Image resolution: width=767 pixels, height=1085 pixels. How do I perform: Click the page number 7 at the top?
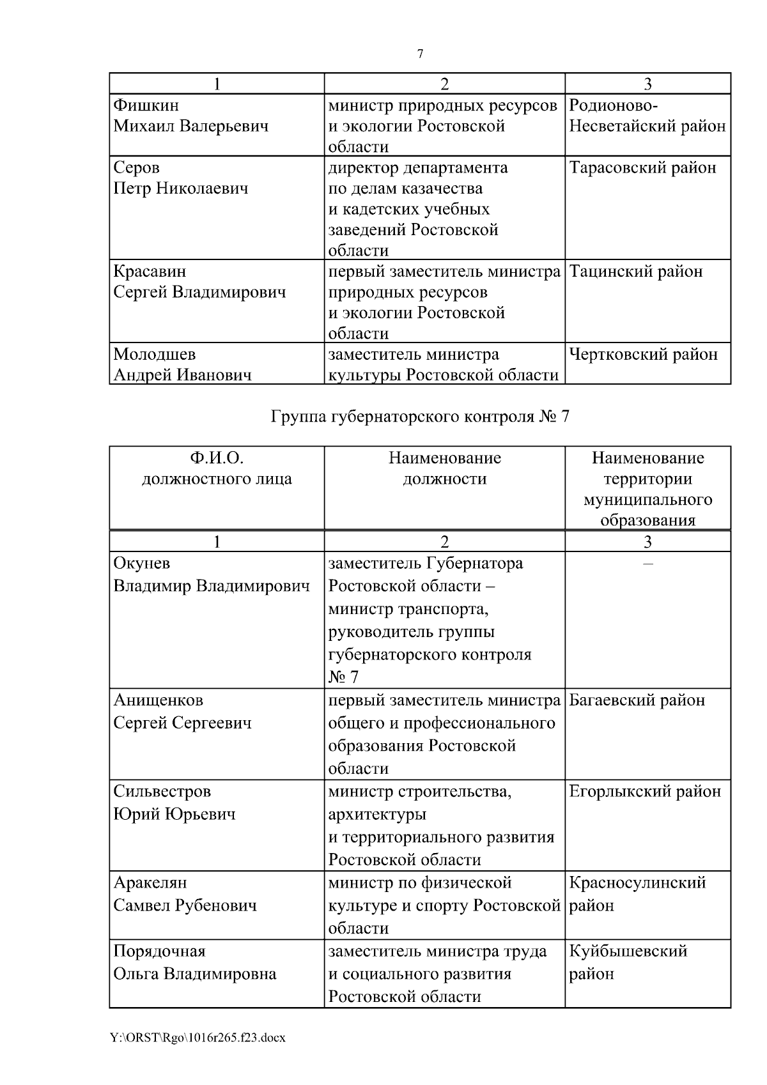[420, 54]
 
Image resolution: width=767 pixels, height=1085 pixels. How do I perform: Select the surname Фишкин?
[146, 105]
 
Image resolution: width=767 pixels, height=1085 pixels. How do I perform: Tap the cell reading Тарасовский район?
[642, 168]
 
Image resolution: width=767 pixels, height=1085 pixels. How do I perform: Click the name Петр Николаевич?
[181, 189]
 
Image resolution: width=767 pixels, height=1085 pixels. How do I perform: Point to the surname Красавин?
[150, 272]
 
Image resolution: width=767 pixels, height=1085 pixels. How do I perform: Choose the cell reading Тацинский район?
[635, 272]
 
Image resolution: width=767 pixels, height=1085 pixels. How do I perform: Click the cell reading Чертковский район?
[643, 355]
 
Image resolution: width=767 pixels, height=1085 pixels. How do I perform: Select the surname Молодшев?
[155, 355]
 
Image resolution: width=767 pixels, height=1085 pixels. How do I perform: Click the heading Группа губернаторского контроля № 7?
[420, 417]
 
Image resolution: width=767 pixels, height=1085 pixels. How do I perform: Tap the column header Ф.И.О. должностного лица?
[217, 468]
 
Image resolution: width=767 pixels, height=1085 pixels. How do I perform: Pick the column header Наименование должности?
[444, 468]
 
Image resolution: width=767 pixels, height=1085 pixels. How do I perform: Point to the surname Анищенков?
[158, 700]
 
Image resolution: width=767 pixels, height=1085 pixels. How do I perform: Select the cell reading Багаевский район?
[637, 700]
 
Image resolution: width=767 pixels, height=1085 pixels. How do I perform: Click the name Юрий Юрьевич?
[174, 814]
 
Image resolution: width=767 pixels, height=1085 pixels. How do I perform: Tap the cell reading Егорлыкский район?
[645, 792]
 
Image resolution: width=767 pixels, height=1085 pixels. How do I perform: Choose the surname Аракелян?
[150, 883]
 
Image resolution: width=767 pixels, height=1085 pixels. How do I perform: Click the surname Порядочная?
[159, 951]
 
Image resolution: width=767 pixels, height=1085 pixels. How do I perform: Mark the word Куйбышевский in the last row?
[628, 951]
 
